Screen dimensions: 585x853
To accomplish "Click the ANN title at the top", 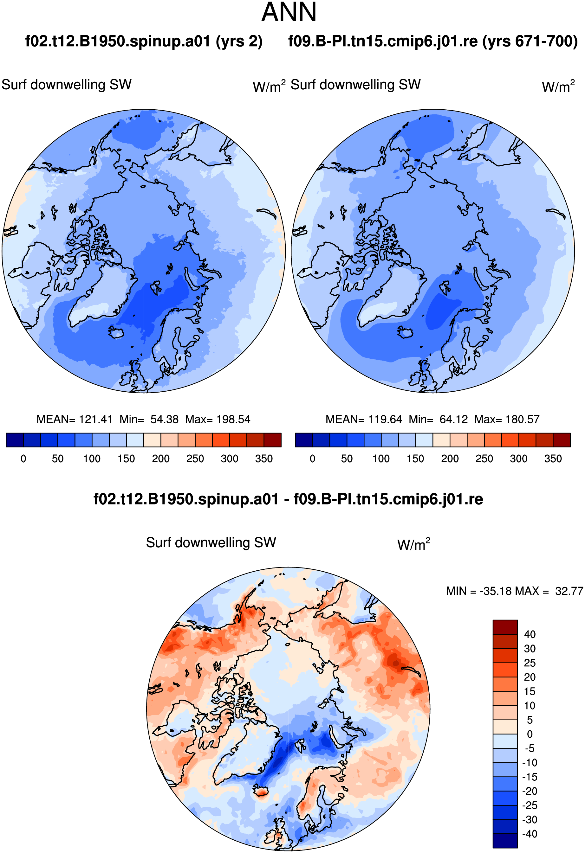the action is click(289, 12).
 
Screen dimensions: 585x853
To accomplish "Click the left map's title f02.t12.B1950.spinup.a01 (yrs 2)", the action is click(144, 41).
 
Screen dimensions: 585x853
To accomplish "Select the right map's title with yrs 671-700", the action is click(433, 41).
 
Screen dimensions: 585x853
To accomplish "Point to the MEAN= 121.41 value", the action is click(74, 419).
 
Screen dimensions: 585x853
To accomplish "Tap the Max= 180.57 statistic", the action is click(507, 419).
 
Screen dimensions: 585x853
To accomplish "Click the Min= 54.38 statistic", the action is click(149, 419).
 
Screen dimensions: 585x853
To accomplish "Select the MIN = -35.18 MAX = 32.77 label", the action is click(515, 591).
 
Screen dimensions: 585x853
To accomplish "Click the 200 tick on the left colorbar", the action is click(160, 459).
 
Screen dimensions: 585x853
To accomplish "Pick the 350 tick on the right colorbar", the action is click(553, 459).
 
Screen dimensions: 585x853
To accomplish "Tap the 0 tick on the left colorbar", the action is click(23, 459).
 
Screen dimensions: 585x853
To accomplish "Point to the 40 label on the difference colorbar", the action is click(530, 634).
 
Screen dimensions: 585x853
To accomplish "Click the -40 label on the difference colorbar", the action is click(530, 834).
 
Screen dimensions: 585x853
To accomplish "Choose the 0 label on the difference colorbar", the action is click(530, 734).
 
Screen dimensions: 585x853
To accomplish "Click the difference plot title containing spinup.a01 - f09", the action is click(288, 499).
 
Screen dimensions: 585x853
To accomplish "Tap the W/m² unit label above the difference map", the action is click(413, 544).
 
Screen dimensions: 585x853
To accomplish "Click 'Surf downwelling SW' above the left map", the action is click(67, 85).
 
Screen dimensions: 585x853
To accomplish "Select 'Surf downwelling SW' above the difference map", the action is click(211, 542).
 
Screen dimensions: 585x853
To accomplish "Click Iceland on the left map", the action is click(117, 332).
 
